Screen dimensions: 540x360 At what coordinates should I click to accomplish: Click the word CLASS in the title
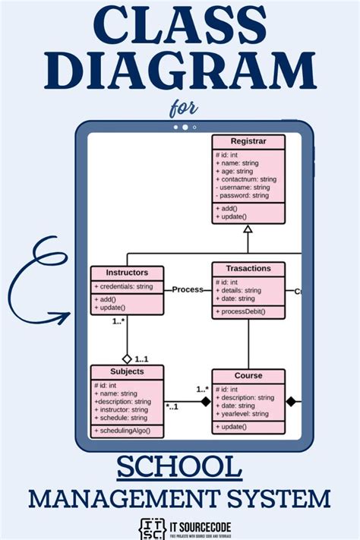click(x=179, y=29)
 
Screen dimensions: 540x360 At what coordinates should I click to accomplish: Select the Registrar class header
click(x=248, y=141)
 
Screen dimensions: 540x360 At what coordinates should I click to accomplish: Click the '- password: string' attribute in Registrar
click(x=243, y=195)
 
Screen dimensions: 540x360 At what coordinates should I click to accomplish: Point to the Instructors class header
click(x=127, y=272)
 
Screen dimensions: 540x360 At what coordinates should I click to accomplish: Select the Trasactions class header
click(x=248, y=269)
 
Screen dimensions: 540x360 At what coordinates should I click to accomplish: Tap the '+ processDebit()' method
click(x=242, y=312)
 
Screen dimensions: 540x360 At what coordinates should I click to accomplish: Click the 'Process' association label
click(x=187, y=289)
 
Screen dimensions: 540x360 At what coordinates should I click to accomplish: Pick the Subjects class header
click(x=127, y=371)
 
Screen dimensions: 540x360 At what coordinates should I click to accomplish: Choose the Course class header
click(x=248, y=375)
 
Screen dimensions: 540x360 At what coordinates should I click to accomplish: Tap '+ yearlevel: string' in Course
click(x=242, y=414)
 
